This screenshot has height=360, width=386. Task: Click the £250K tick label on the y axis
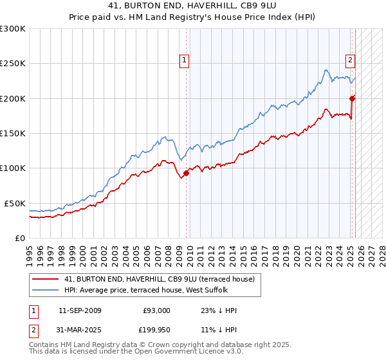point(12,64)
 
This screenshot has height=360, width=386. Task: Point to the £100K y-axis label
point(12,168)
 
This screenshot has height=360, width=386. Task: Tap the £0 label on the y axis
point(19,238)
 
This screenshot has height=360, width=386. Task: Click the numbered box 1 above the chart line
point(184,60)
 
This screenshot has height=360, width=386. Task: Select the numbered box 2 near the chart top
point(351,60)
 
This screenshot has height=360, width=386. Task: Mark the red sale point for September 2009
point(186,173)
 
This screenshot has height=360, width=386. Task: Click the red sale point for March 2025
point(353,98)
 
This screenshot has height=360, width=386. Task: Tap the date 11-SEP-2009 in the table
point(80,310)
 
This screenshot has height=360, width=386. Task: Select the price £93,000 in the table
point(156,310)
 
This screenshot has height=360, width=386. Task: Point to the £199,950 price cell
point(155,330)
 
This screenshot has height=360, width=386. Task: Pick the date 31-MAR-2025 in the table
point(80,330)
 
